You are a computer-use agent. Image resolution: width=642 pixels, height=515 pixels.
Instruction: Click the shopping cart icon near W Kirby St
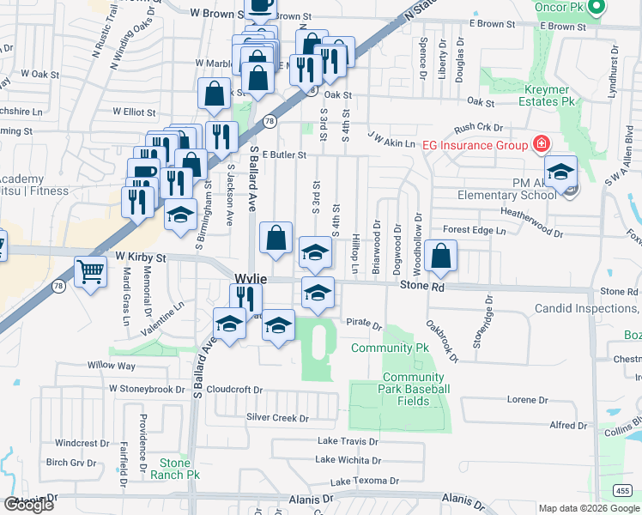point(90,273)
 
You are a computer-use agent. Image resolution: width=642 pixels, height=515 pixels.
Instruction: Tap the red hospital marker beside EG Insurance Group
point(542,144)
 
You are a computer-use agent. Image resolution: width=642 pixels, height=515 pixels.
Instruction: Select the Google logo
point(28,505)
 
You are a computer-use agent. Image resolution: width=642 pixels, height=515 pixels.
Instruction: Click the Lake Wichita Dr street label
point(348,460)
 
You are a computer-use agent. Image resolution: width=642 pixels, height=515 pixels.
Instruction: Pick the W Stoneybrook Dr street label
point(147,389)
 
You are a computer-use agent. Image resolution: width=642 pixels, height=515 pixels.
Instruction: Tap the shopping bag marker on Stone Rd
point(440,257)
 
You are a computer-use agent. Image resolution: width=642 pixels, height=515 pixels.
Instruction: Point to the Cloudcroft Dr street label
point(234,389)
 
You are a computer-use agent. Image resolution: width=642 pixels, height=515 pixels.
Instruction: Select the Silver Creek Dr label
point(277,418)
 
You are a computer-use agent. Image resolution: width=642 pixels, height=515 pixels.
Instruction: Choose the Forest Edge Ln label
point(475,230)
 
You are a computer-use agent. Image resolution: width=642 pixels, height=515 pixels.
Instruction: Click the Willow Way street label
point(112,365)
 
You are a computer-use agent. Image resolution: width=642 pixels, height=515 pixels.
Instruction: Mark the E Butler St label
point(285,155)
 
